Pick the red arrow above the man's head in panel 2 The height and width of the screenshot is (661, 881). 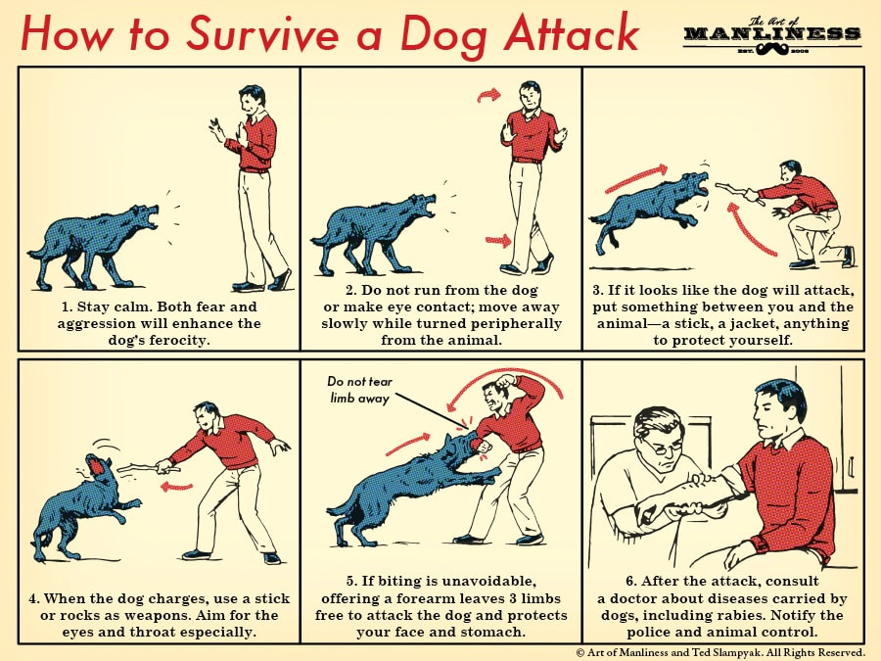click(x=487, y=94)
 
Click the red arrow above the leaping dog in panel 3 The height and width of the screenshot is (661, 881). click(x=636, y=178)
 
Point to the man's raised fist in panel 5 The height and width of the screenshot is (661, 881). click(x=504, y=381)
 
